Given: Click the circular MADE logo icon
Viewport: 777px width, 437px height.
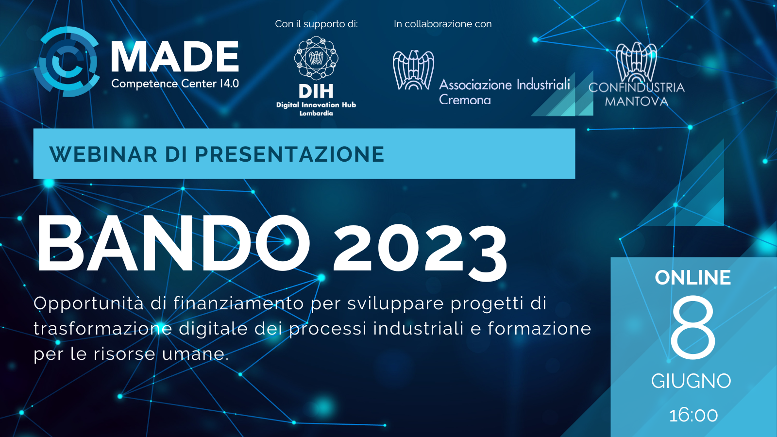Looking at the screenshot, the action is pos(66,61).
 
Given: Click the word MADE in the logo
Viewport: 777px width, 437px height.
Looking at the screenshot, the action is pos(175,56).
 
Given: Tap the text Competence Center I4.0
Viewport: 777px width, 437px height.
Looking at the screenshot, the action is pos(175,84).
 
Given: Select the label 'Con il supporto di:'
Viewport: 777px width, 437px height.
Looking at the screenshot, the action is pos(316,24).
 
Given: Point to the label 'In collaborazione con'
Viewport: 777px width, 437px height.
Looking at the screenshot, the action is pos(442,24).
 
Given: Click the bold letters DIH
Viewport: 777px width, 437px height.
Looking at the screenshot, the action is pos(316,92).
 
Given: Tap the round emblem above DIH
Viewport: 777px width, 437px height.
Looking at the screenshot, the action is pos(316,58).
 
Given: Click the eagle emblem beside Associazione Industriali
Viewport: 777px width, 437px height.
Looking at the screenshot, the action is pos(413,70).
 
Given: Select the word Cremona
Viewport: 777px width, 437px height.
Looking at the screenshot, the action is pos(465,100).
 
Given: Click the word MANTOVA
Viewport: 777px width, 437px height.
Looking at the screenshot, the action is pos(637,101).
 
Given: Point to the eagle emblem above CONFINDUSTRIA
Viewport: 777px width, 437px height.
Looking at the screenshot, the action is pos(636,62).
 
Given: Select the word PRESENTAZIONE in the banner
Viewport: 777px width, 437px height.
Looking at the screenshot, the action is pos(289,154).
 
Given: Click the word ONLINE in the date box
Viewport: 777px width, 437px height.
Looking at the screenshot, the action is pos(693,277).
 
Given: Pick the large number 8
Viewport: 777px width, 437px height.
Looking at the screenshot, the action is pos(693,328).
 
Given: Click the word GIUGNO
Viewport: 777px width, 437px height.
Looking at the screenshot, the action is pos(691,381).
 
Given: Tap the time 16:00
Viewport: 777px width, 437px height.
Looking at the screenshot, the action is pos(693,416).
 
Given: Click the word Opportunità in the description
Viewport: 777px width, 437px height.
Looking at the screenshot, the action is pos(88,304).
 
